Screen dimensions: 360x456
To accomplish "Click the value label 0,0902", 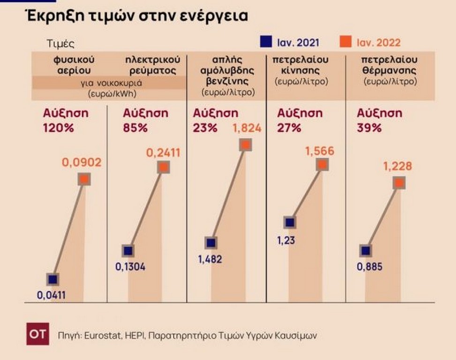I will (82, 163).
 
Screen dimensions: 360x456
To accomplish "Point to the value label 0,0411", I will (51, 295).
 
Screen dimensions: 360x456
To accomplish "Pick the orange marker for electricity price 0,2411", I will (163, 167).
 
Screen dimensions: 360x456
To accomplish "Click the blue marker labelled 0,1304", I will (128, 251).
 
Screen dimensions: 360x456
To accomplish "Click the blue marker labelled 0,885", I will (366, 251).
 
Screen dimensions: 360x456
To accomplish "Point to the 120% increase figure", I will (59, 128).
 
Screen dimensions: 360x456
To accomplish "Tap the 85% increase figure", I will (135, 128).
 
